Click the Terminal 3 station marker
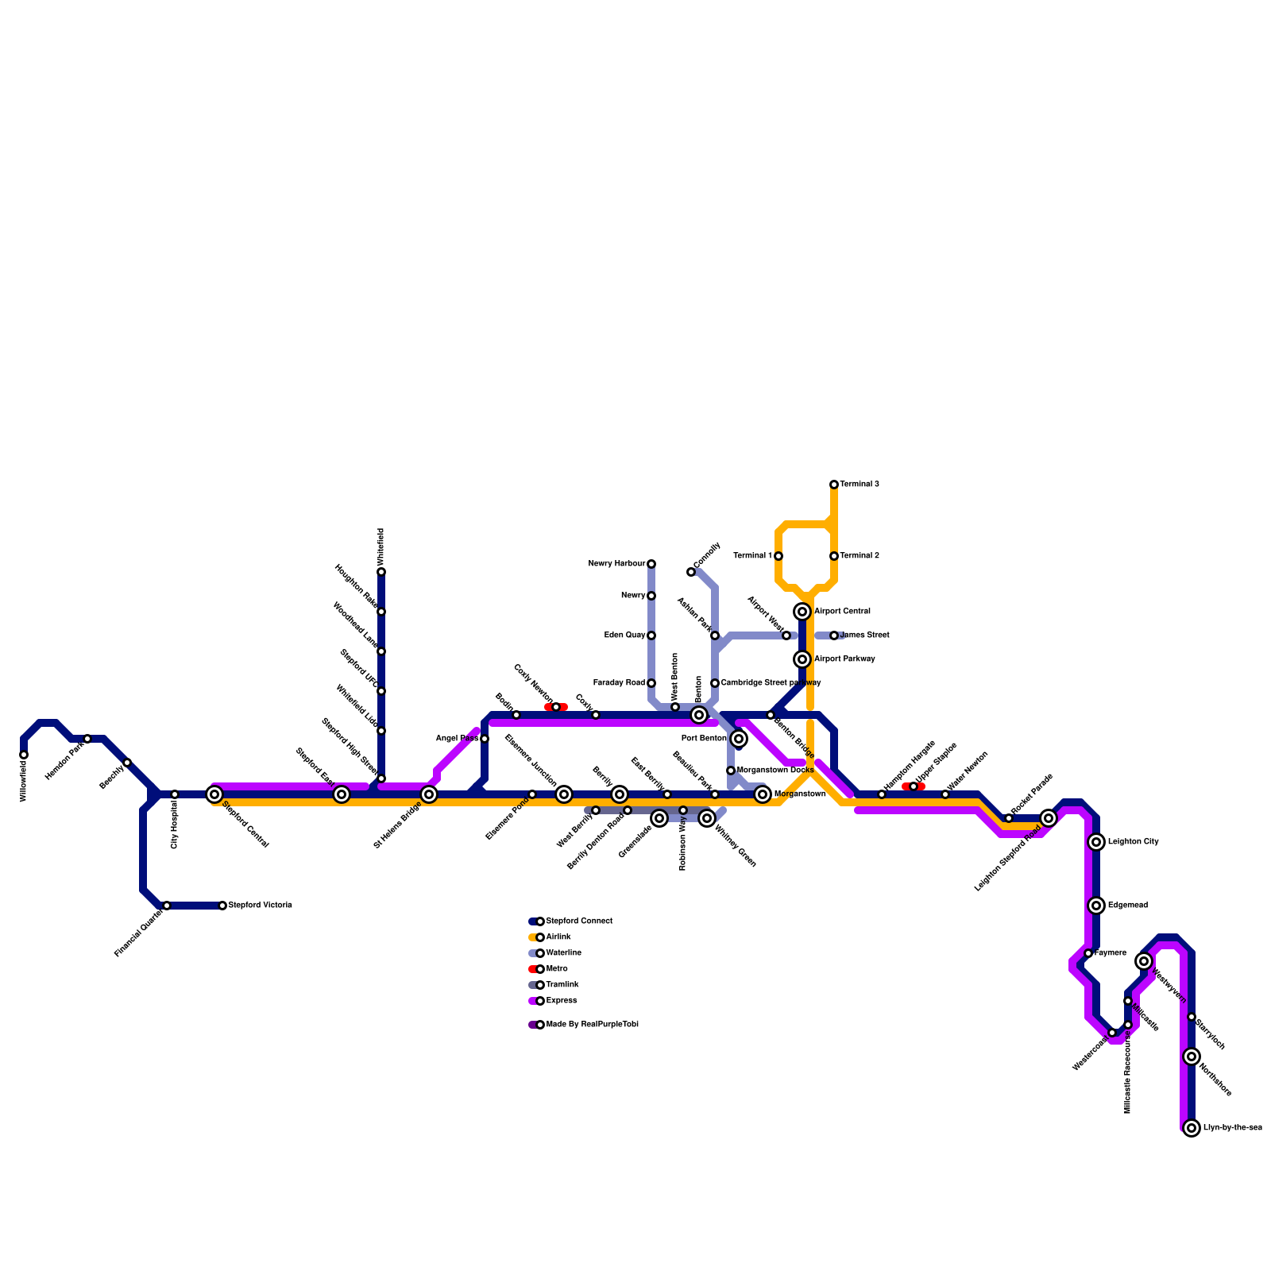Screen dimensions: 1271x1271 (834, 485)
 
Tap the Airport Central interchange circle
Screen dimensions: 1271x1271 (802, 612)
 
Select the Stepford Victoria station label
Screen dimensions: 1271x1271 (260, 906)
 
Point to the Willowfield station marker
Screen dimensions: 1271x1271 (24, 755)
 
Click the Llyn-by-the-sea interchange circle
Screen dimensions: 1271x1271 (1192, 1128)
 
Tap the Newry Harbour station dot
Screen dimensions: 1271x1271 (651, 564)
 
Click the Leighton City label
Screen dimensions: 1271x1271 (1134, 842)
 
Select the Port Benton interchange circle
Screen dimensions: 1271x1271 (739, 739)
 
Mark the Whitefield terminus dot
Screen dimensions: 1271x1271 (381, 572)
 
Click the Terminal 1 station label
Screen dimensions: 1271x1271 (752, 556)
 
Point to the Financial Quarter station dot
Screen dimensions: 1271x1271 (167, 906)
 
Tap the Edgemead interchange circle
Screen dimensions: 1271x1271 (1096, 906)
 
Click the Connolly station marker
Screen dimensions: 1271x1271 (691, 572)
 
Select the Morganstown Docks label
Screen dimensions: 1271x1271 (775, 771)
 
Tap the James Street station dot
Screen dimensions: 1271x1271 (834, 635)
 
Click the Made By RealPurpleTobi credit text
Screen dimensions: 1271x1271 (592, 1025)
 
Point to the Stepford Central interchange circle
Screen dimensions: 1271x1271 (214, 794)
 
